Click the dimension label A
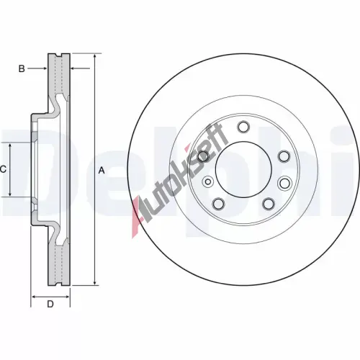tap(102, 171)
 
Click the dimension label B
tap(22, 68)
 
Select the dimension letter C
tap(3, 169)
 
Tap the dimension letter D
tap(50, 305)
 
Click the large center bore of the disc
tap(243, 168)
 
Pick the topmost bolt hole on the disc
tap(243, 127)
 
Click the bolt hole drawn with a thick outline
tap(204, 156)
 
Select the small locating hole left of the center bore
tap(208, 181)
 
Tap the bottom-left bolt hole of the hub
tap(218, 204)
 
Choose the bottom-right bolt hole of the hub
tap(269, 204)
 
